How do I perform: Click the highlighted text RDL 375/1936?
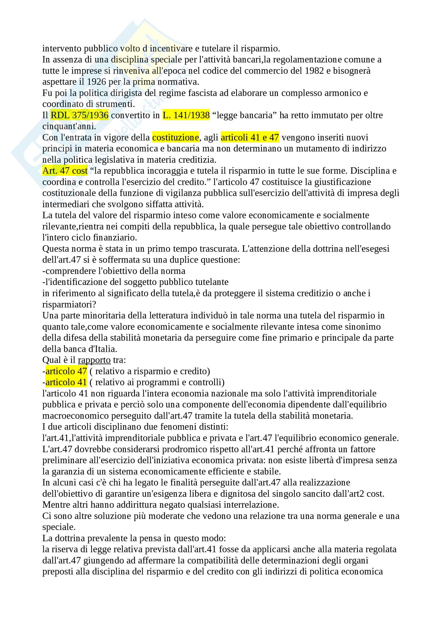tap(79, 115)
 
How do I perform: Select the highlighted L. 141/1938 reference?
tap(186, 115)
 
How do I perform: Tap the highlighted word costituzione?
tap(176, 137)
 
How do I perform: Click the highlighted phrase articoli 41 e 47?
tap(250, 137)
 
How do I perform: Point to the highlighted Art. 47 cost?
tap(65, 171)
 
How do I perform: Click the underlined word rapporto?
tap(94, 360)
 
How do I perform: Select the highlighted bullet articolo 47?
tap(66, 371)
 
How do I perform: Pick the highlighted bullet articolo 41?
tap(66, 382)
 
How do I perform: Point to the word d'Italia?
tap(105, 349)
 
